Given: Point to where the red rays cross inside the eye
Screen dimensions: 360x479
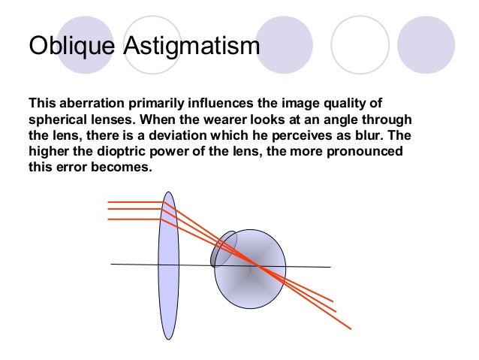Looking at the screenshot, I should pos(255,265).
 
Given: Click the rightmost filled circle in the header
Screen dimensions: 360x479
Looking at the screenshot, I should pos(426,44).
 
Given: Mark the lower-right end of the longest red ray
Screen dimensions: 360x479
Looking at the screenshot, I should pos(349,328).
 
